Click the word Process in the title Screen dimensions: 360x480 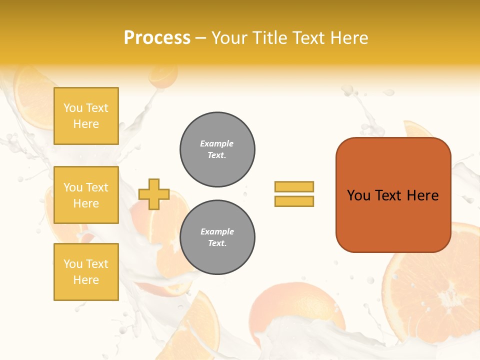tap(157, 38)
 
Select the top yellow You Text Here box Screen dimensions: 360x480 tap(86, 116)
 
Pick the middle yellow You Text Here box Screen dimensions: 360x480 tap(86, 195)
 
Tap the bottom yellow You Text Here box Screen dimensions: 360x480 tap(86, 272)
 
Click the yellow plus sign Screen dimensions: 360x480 tap(154, 194)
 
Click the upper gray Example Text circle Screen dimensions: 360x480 tap(217, 149)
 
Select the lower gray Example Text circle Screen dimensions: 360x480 tap(217, 237)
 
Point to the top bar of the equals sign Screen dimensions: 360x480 tap(294, 186)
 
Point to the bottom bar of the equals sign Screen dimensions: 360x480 tap(294, 201)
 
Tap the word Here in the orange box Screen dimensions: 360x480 tap(422, 195)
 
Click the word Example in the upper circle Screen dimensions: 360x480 tap(217, 143)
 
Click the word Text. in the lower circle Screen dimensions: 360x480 tap(217, 243)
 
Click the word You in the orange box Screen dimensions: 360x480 tap(358, 195)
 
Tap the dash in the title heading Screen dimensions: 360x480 tap(200, 38)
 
